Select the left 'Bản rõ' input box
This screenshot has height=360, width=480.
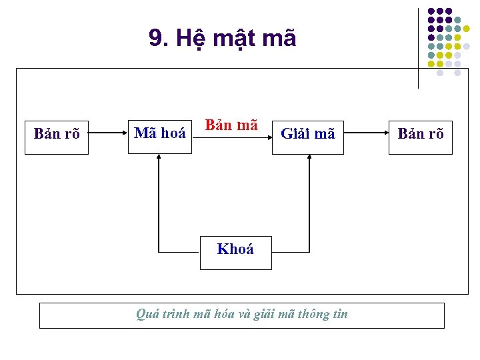tap(57, 134)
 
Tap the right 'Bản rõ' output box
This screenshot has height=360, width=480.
tap(420, 134)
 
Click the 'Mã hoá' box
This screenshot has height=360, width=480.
tap(160, 133)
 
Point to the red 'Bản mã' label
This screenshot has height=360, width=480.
tap(231, 125)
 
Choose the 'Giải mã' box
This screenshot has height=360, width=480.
tap(308, 134)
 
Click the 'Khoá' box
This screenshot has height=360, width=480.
tap(235, 250)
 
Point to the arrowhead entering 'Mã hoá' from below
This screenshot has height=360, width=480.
tap(159, 157)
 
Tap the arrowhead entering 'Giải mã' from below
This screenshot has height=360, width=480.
tap(309, 157)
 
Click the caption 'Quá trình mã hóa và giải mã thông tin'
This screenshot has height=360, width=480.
tap(241, 314)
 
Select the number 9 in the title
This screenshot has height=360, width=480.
tap(155, 39)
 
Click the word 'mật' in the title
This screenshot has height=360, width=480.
tap(234, 39)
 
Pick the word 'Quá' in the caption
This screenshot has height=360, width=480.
tap(145, 314)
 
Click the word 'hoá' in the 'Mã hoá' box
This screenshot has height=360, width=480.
tap(173, 133)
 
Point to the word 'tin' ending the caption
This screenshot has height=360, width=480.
tap(340, 314)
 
